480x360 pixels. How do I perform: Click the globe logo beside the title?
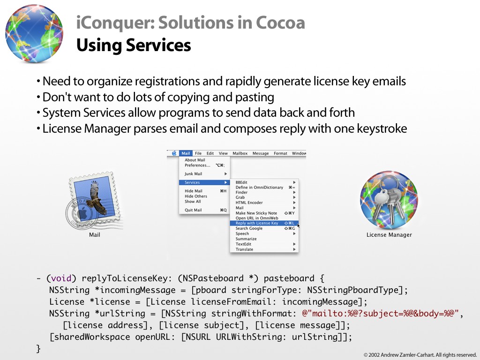click(x=34, y=33)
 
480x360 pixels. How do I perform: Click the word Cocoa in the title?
click(x=280, y=22)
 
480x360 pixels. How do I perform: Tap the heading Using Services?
click(x=134, y=45)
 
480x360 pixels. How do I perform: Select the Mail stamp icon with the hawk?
click(x=95, y=200)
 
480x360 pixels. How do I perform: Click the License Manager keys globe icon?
click(x=389, y=200)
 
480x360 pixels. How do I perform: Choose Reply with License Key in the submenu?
click(x=257, y=223)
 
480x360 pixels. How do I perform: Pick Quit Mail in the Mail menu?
click(x=193, y=210)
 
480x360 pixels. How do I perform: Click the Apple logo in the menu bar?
click(x=174, y=153)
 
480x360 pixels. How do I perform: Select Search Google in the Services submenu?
click(x=249, y=228)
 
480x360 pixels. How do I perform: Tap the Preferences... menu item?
click(x=197, y=165)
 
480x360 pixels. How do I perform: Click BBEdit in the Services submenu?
click(x=241, y=182)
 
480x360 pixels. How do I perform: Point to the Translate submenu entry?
click(x=244, y=249)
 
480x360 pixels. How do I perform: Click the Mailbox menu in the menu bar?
click(x=240, y=153)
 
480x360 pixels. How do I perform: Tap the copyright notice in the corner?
click(x=420, y=355)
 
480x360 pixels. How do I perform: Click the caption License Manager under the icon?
click(x=389, y=235)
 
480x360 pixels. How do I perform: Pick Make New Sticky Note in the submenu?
click(x=256, y=213)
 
